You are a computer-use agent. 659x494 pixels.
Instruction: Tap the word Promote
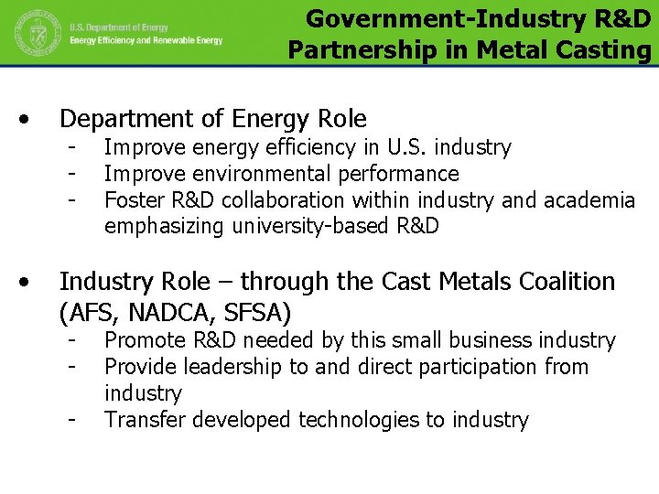click(x=143, y=340)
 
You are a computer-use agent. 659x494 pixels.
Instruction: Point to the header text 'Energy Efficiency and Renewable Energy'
click(x=146, y=41)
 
